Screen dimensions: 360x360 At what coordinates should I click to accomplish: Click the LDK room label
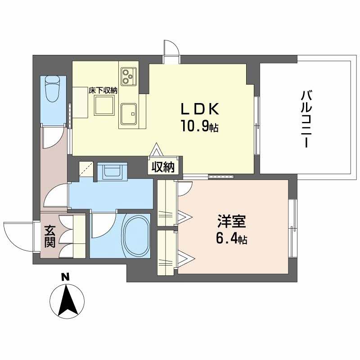pyautogui.click(x=200, y=110)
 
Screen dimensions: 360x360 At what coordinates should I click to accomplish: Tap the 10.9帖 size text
pyautogui.click(x=200, y=127)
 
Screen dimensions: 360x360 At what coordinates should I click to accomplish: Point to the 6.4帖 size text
pyautogui.click(x=231, y=239)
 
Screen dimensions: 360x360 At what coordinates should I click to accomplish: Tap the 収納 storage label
pyautogui.click(x=163, y=167)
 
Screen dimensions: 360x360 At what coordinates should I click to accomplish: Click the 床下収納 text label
pyautogui.click(x=103, y=90)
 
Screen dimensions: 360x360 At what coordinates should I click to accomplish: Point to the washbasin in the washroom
pyautogui.click(x=112, y=171)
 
